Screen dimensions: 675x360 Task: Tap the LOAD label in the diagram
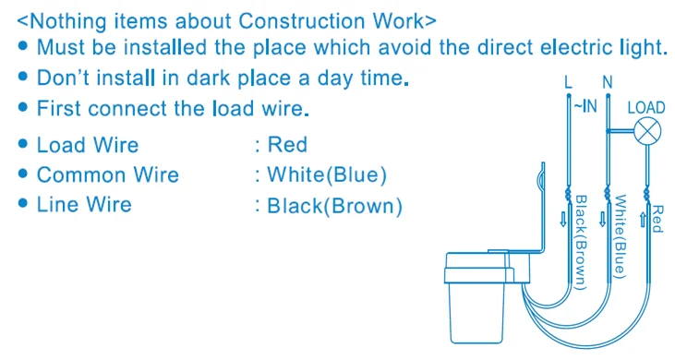(x=646, y=107)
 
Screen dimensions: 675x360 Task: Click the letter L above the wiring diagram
(x=569, y=82)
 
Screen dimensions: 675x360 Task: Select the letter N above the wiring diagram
(x=608, y=82)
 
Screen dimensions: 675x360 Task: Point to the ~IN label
(x=585, y=106)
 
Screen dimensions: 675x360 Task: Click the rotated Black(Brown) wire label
(x=581, y=243)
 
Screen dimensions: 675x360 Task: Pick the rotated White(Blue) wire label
(x=620, y=236)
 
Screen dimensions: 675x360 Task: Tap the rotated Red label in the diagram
(x=657, y=219)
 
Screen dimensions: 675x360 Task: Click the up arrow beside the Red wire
(x=643, y=220)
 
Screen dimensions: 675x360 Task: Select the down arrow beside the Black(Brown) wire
(x=563, y=220)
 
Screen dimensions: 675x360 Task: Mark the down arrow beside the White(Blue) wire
(x=602, y=220)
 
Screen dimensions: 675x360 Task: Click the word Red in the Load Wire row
(x=287, y=145)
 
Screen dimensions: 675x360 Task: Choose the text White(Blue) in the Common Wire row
(x=327, y=175)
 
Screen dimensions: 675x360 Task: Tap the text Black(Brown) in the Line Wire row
(x=334, y=206)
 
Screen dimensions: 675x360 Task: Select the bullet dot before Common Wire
(x=23, y=174)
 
